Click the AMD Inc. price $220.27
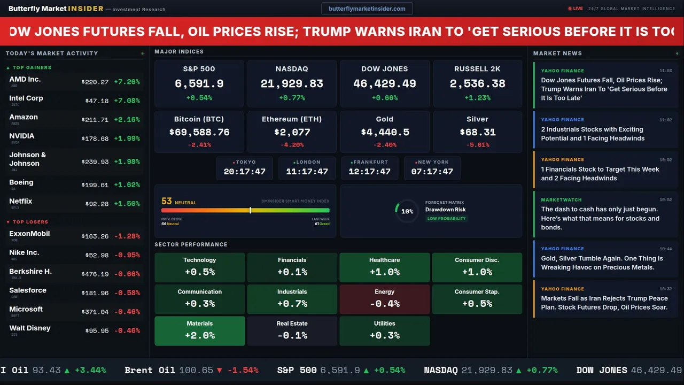tap(95, 82)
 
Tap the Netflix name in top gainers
tap(21, 201)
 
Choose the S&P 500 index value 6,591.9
tap(199, 84)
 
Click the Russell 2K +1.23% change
tap(477, 98)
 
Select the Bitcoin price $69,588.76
tap(199, 132)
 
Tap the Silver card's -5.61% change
tap(477, 145)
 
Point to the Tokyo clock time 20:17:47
tap(244, 172)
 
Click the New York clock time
tap(432, 172)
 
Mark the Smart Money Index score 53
tap(167, 201)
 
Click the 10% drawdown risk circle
tap(407, 211)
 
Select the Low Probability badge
tap(446, 219)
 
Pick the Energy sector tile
tap(384, 299)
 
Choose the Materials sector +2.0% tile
tap(199, 331)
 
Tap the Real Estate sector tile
tap(292, 331)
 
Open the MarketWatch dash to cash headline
tap(600, 218)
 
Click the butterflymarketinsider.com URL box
tap(367, 9)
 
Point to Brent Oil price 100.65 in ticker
tap(196, 370)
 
